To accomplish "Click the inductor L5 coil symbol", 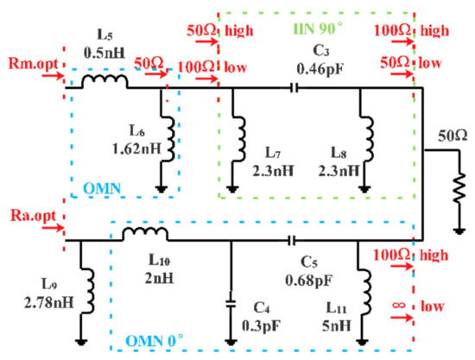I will (x=104, y=81).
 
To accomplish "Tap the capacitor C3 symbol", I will (x=295, y=86).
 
